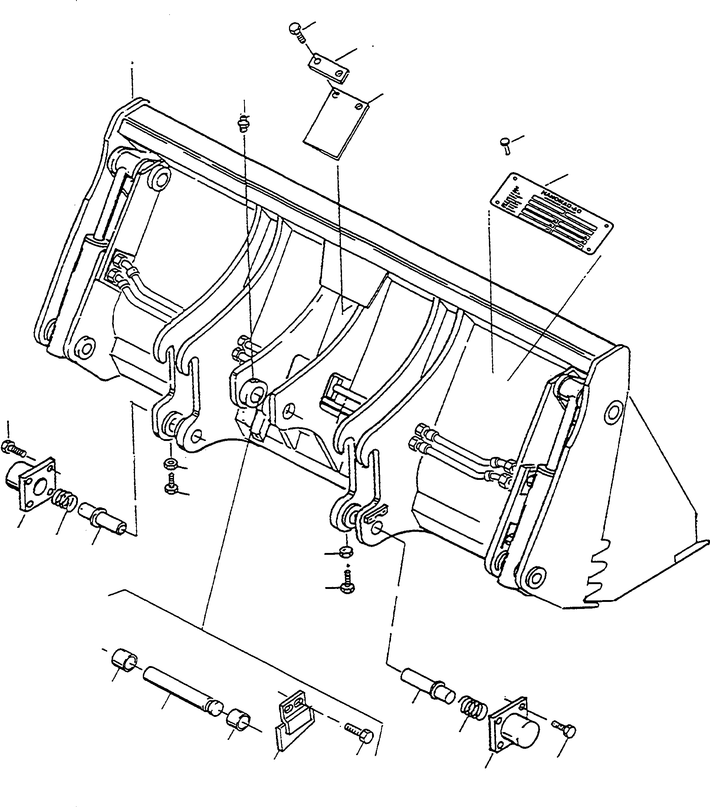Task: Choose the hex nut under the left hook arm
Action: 171,463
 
